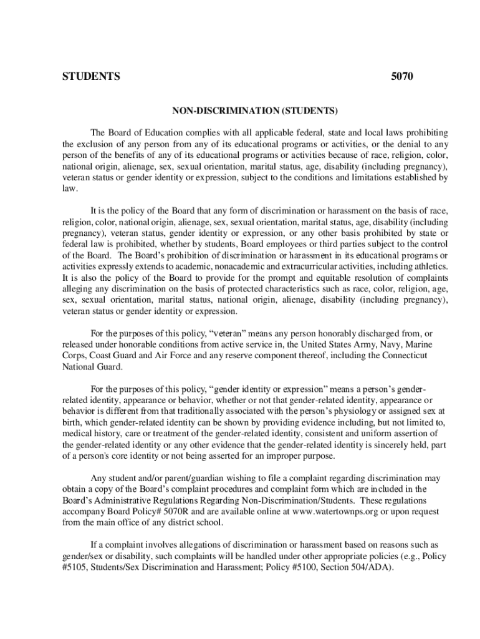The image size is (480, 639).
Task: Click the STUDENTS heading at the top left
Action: point(91,77)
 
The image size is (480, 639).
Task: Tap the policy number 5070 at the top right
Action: point(401,77)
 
